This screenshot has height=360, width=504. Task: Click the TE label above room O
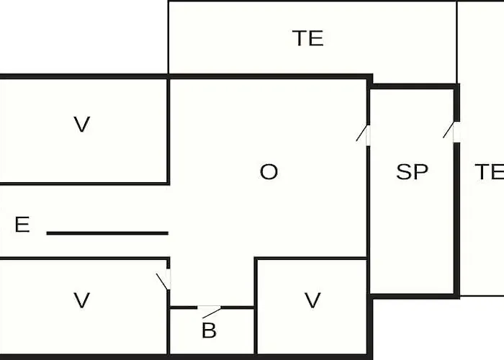(x=307, y=38)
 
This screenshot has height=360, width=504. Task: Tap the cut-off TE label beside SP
(x=489, y=171)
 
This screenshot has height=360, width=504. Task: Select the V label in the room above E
(x=81, y=125)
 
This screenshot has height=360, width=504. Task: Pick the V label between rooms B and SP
(x=312, y=300)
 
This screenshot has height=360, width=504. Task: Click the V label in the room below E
(x=81, y=300)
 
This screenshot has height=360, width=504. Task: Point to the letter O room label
(x=269, y=171)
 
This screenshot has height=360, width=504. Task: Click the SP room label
(x=412, y=171)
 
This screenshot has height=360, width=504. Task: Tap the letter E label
(x=22, y=225)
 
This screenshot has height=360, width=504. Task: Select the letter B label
(x=209, y=330)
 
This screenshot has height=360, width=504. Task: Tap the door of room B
(x=209, y=310)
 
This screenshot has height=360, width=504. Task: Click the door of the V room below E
(x=165, y=279)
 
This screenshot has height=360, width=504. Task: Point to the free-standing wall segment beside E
(x=107, y=233)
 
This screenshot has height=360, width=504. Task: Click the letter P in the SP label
(x=420, y=171)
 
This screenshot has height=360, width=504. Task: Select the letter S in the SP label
(x=404, y=171)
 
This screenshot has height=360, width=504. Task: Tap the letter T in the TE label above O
(x=300, y=38)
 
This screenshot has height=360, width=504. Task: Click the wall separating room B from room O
(x=212, y=307)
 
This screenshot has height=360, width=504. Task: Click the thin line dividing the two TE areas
(x=456, y=42)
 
